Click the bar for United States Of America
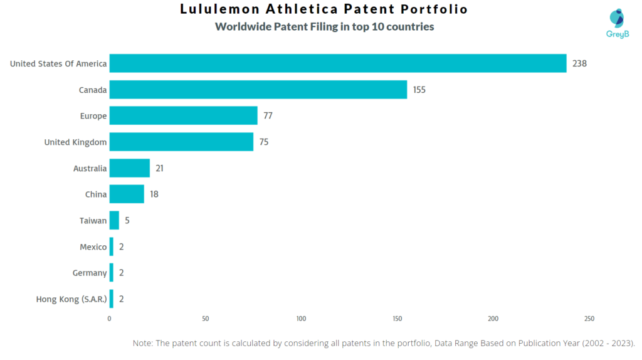[x=338, y=63]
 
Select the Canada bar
[x=258, y=90]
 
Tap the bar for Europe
[x=183, y=115]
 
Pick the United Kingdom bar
[x=181, y=142]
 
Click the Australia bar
[x=130, y=168]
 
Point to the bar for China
[x=127, y=194]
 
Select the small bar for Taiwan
[x=114, y=220]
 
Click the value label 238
[x=579, y=63]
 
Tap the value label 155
[x=419, y=90]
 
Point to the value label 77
[x=268, y=116]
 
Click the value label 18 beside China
[x=154, y=194]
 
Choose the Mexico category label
[x=93, y=247]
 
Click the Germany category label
[x=90, y=273]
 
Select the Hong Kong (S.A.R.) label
[x=71, y=299]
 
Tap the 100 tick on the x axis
[x=302, y=319]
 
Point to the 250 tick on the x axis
[x=589, y=319]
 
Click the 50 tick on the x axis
[x=206, y=319]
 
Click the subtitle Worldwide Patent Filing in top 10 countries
[x=324, y=27]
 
